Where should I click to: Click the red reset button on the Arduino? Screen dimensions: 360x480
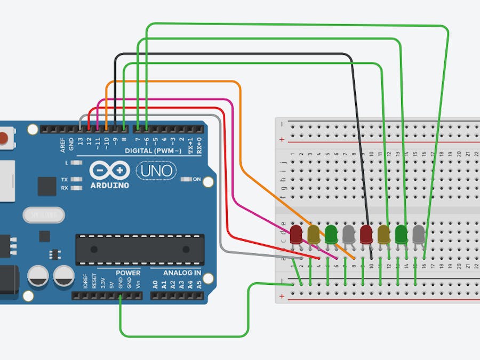4,138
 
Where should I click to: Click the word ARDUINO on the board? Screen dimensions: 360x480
109,186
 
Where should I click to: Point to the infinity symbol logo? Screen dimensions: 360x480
109,171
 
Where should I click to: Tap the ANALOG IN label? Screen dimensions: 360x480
182,273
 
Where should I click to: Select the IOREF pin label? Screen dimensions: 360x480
85,282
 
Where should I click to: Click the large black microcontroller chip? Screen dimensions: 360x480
140,249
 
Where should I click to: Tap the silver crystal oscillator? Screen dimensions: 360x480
43,215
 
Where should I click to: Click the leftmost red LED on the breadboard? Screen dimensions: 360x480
296,234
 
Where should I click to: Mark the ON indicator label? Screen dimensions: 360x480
196,179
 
